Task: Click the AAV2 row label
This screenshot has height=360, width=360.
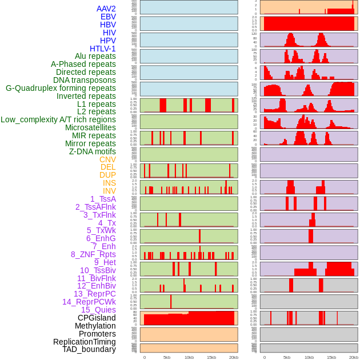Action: [106, 9]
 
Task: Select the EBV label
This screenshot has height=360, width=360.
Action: [107, 17]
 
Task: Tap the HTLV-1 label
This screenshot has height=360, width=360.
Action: [102, 49]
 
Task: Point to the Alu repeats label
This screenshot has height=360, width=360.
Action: [95, 56]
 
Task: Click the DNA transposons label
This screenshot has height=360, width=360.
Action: [85, 80]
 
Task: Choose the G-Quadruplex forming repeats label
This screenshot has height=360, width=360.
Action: [61, 88]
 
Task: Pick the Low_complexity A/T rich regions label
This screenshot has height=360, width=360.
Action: [58, 119]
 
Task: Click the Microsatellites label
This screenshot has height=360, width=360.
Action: [90, 127]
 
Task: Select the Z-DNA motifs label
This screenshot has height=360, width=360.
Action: [92, 151]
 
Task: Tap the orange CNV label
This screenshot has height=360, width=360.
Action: [107, 159]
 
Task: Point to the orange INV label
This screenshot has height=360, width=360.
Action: [109, 191]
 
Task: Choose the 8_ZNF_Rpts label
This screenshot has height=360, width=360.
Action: [93, 254]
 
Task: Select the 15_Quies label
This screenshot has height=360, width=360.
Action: [98, 310]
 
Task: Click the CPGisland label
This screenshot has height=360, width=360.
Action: [97, 318]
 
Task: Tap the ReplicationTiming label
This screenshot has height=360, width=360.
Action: [84, 342]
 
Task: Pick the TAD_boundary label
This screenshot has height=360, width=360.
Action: [89, 349]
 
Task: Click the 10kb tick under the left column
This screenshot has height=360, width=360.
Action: [189, 357]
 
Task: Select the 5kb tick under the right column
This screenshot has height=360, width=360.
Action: [286, 357]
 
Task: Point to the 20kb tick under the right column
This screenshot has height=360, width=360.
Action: [354, 357]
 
